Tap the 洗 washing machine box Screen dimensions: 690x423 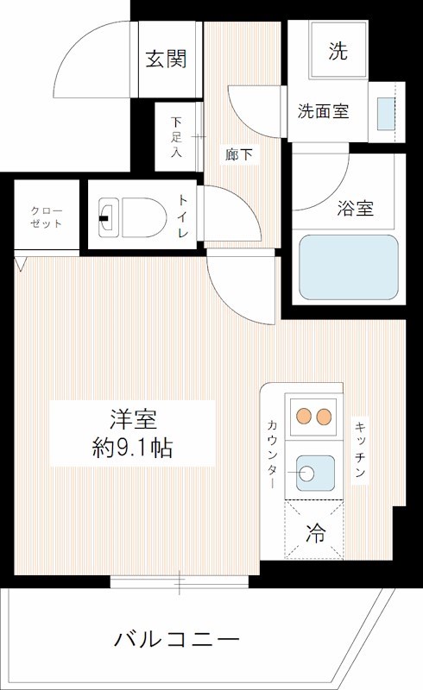(338, 51)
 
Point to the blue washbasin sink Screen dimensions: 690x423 (386, 112)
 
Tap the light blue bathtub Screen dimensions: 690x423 (348, 267)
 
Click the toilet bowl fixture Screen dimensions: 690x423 (134, 216)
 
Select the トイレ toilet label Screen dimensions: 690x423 (183, 216)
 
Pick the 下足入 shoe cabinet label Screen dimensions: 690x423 (176, 137)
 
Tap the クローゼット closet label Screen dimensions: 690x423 (46, 216)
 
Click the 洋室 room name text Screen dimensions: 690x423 (132, 420)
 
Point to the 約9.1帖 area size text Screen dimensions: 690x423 (132, 448)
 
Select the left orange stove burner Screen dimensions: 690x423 (304, 417)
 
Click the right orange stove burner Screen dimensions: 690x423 (325, 417)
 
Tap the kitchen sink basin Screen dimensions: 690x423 (315, 472)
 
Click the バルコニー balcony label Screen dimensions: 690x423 (176, 640)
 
